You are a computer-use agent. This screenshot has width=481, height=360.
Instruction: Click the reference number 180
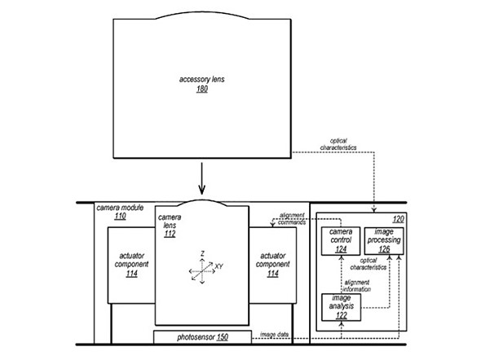202,89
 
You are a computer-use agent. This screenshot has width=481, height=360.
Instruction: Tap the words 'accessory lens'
202,79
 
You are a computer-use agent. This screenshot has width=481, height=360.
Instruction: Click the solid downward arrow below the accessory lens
201,178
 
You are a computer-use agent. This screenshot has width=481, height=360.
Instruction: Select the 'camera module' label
120,208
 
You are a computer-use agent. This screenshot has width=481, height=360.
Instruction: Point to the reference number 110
121,217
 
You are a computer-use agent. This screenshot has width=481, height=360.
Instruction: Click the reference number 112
170,234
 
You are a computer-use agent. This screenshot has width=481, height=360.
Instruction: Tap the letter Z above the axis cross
202,253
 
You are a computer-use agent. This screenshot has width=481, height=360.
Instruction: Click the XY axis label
218,266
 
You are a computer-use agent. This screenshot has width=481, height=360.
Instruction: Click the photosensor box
202,337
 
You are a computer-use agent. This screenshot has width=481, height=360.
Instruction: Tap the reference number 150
223,337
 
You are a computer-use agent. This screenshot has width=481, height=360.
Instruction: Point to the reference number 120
398,219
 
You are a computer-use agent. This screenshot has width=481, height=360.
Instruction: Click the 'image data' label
274,334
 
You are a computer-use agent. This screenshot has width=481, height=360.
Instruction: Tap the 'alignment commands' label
292,219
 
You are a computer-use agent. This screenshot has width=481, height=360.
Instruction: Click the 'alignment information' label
357,286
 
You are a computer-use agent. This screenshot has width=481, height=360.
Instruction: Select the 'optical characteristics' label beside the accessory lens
338,144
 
